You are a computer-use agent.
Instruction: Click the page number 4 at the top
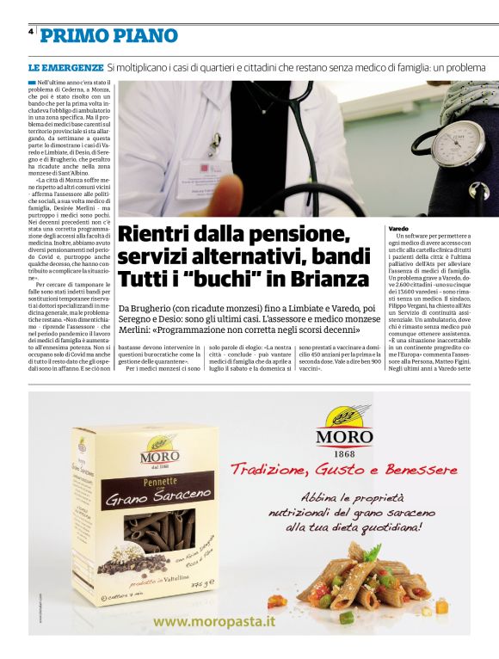(31, 31)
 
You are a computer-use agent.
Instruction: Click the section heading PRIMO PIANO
(109, 35)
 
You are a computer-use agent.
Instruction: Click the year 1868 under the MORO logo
(343, 453)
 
